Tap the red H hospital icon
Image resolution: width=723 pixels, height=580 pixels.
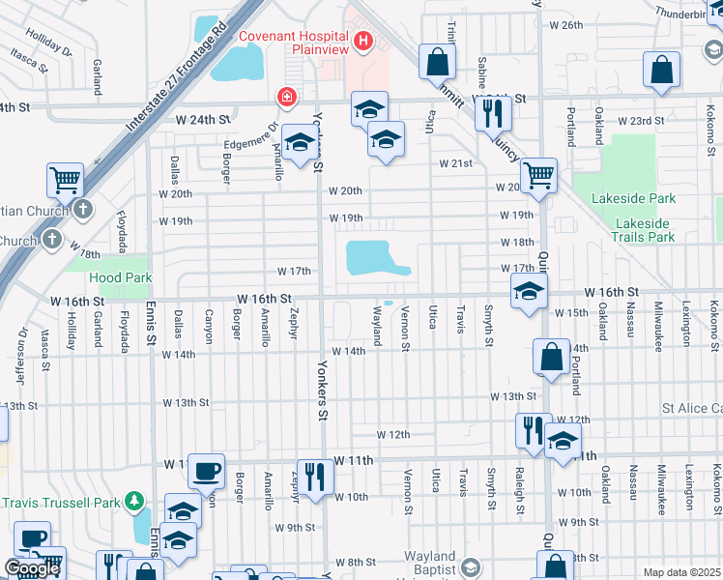(363, 41)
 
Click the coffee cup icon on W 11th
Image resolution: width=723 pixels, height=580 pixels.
(207, 471)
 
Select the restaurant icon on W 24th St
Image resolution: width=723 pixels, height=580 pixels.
(494, 113)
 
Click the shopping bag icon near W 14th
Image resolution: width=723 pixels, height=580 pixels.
(550, 357)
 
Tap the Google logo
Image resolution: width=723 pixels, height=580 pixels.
(32, 568)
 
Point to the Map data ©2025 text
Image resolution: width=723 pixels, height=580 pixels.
(681, 572)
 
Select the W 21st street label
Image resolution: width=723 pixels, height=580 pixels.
(454, 163)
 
